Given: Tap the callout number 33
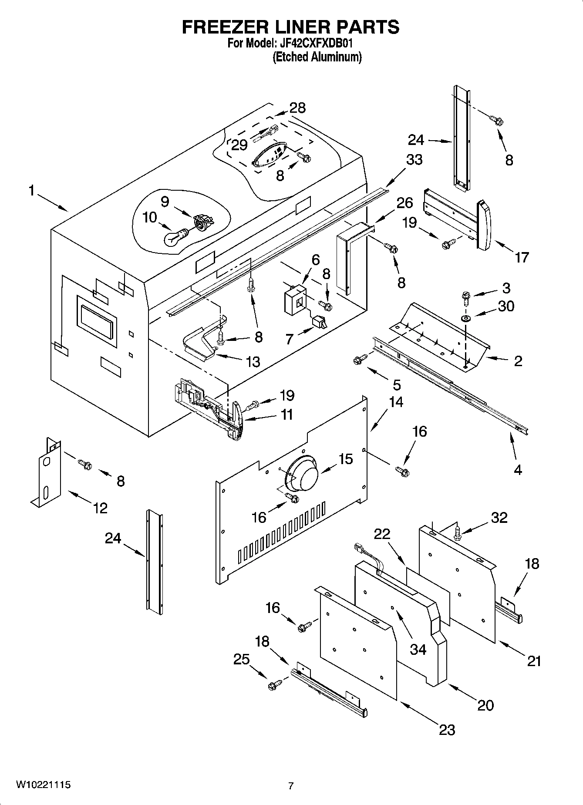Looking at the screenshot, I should click(x=414, y=160).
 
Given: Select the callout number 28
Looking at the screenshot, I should click(x=297, y=108).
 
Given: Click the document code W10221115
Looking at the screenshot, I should click(x=43, y=785).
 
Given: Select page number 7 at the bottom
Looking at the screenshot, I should click(x=291, y=786).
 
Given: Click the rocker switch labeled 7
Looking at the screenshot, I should click(x=320, y=322).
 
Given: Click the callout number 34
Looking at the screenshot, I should click(x=418, y=649).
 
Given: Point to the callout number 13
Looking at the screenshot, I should click(x=253, y=361).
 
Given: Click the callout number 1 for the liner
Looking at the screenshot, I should click(x=31, y=191).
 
